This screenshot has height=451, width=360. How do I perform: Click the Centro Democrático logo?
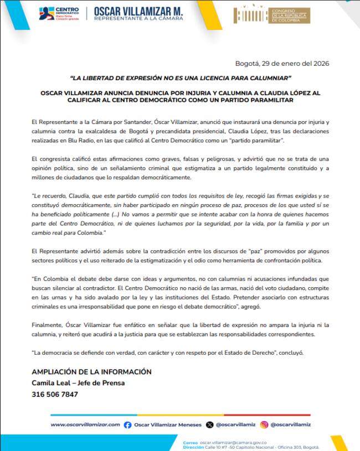[x=59, y=13]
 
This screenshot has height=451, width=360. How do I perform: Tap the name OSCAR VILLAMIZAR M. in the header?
[x=138, y=11]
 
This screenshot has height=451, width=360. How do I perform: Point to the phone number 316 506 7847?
[x=55, y=395]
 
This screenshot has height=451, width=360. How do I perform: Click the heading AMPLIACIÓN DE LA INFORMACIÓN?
[x=91, y=372]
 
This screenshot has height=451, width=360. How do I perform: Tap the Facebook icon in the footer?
[x=128, y=424]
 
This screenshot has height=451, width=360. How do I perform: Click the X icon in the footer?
[x=209, y=424]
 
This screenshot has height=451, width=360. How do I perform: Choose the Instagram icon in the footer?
[x=264, y=424]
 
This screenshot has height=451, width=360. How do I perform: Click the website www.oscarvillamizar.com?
[x=85, y=424]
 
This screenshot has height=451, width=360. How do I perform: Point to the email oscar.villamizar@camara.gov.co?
[x=233, y=442]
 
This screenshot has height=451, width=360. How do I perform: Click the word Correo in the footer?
[x=190, y=442]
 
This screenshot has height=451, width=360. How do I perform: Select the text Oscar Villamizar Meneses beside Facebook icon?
[x=168, y=424]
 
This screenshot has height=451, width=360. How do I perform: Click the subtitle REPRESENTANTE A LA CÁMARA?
[x=138, y=19]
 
